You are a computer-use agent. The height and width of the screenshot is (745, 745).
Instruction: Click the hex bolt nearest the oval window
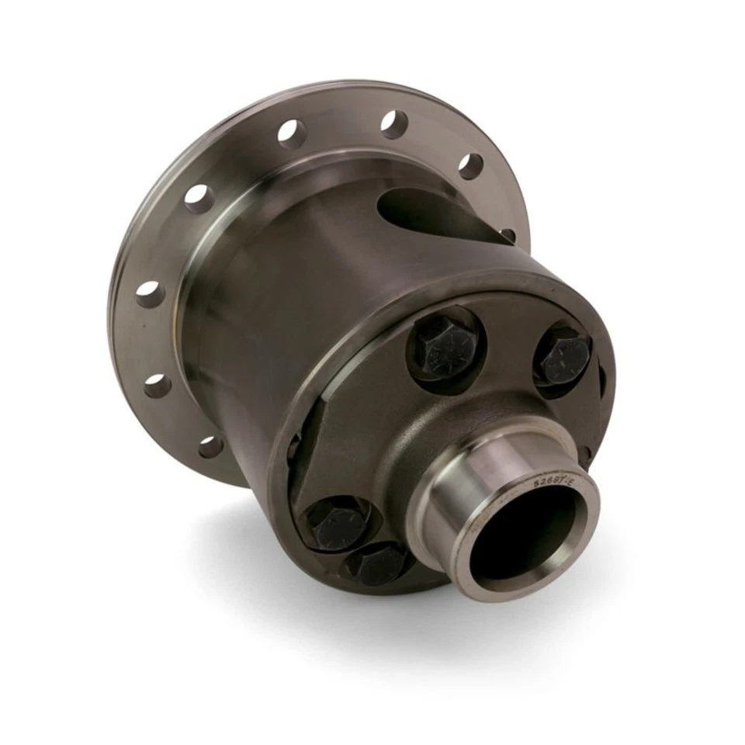pos(445,346)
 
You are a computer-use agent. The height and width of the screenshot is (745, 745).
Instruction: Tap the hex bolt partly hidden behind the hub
pos(378,564)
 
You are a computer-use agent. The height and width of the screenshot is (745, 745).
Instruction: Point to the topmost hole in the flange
pos(393,123)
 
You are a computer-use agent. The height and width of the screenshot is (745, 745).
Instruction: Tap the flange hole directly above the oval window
pos(469,165)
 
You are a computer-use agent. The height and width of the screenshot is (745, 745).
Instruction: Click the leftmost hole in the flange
pos(150,294)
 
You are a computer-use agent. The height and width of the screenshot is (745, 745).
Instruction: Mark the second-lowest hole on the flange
pos(158,385)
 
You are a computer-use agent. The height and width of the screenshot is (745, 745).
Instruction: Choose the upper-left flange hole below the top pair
pos(198,198)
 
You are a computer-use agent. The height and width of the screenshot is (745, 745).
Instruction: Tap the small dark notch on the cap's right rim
pos(602,380)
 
